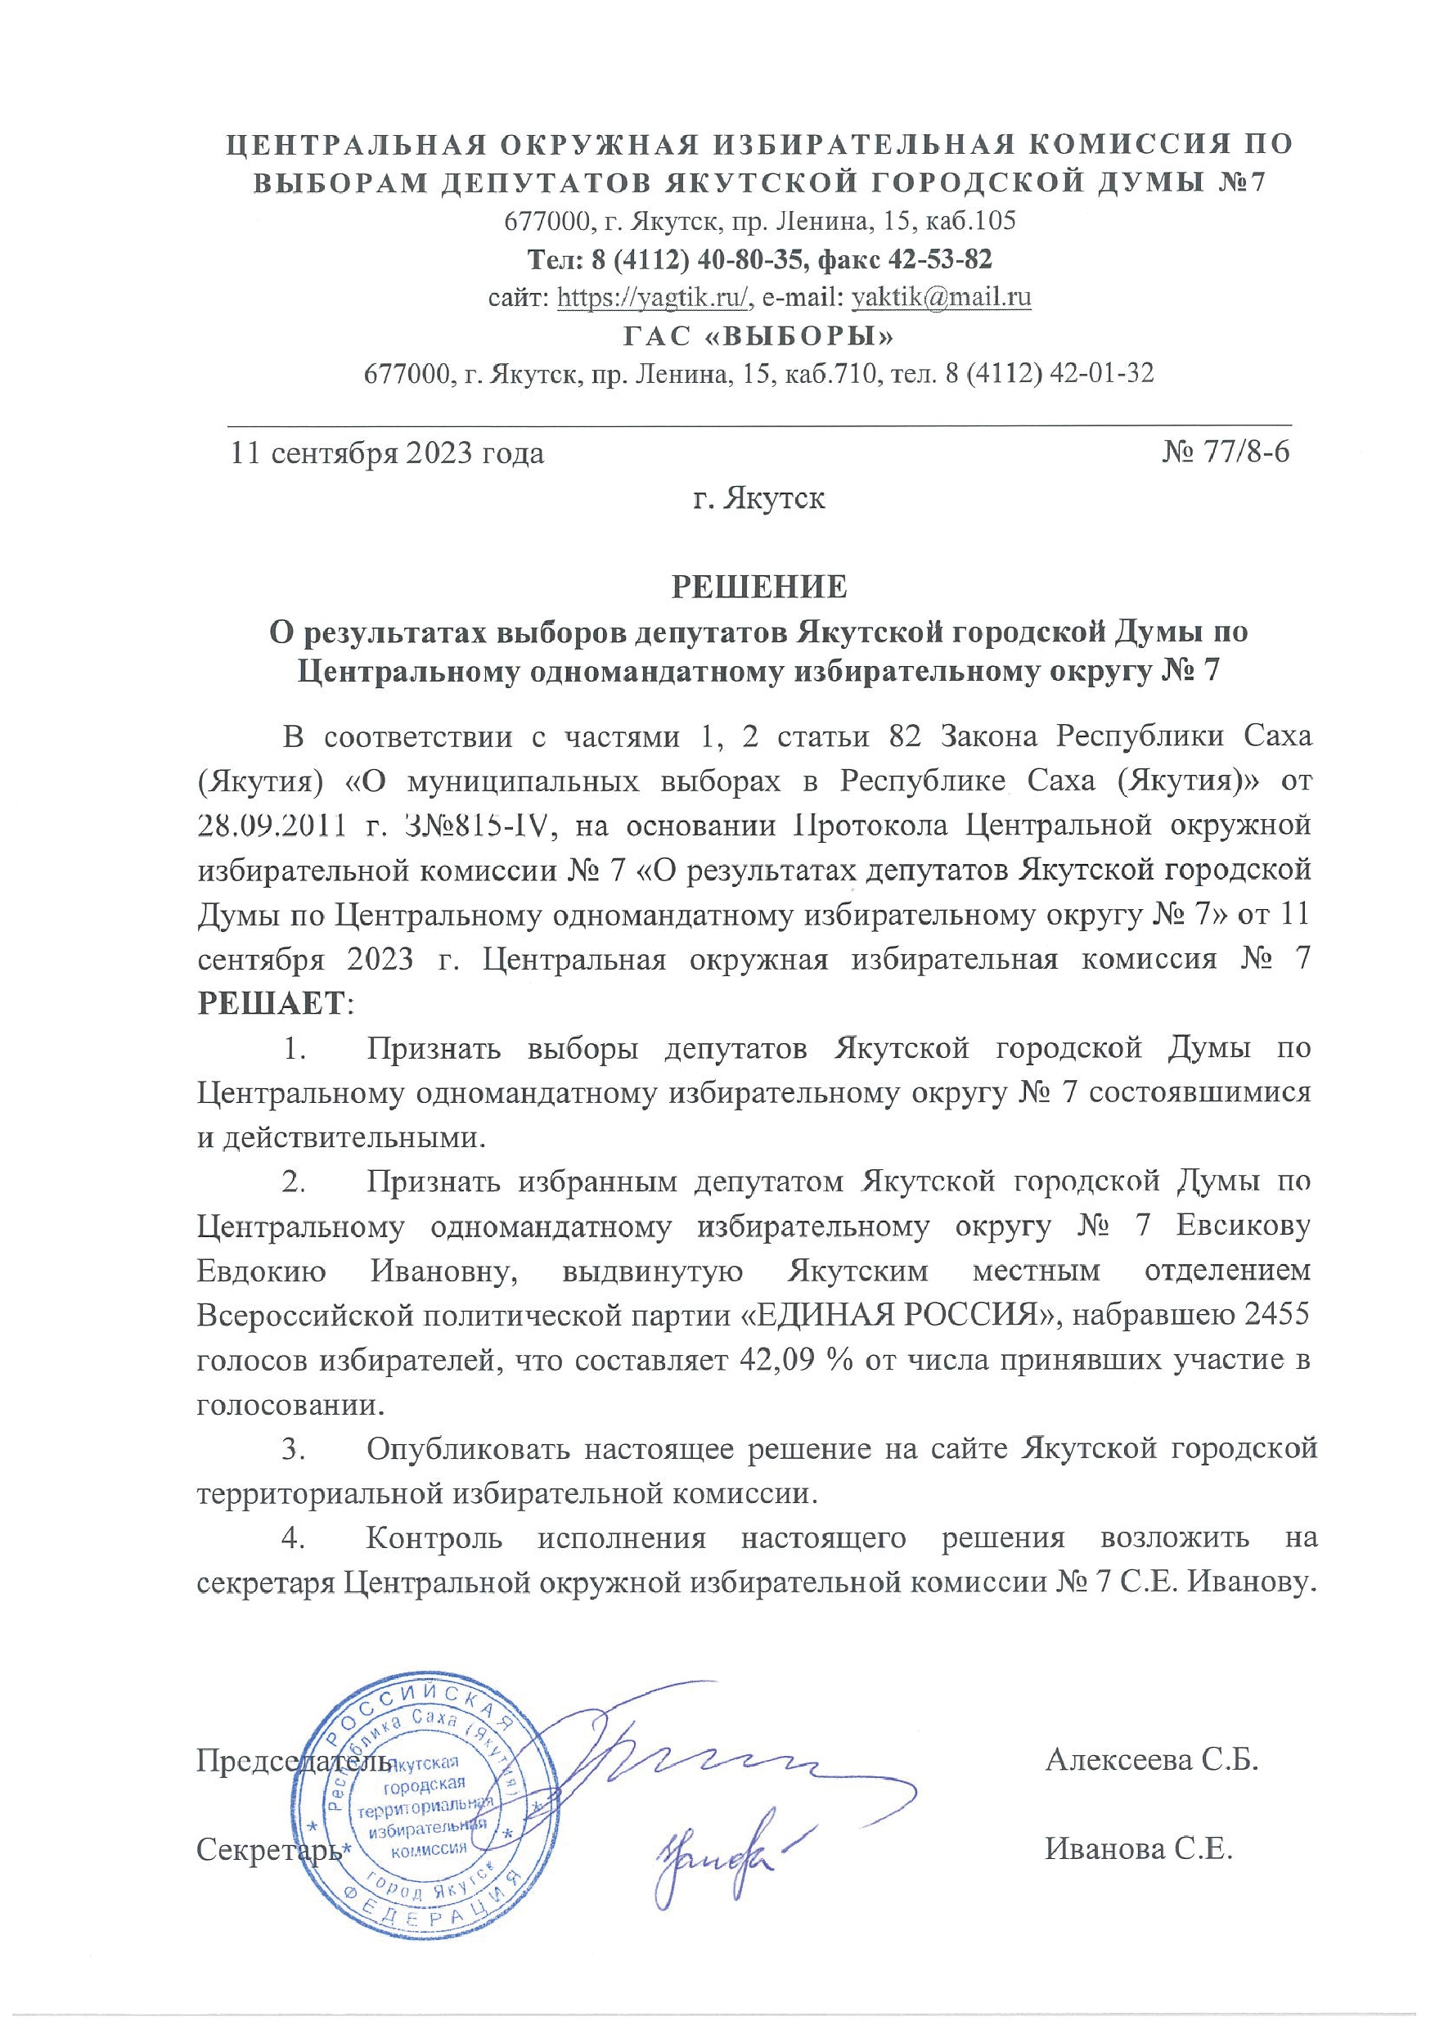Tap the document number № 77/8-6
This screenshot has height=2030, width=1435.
point(1226,452)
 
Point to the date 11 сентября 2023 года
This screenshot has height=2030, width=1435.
point(387,453)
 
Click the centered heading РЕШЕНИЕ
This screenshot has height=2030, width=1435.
point(759,586)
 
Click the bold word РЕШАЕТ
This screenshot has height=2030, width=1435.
point(272,1003)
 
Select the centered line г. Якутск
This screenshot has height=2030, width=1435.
point(759,497)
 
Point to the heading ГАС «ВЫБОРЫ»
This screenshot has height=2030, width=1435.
point(759,337)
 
